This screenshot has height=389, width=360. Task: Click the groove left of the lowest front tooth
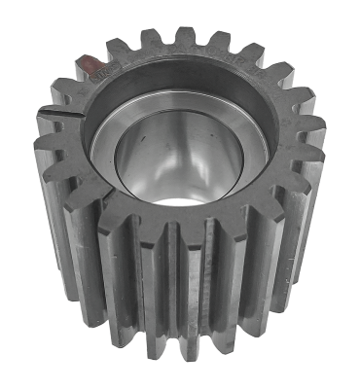coord(149,292)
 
